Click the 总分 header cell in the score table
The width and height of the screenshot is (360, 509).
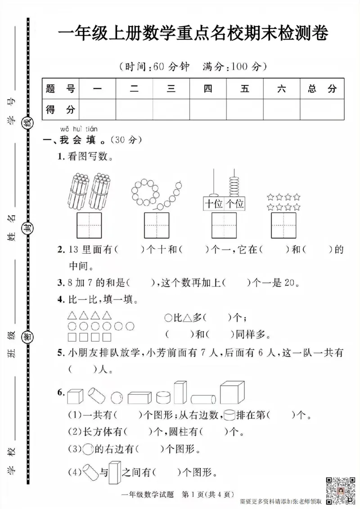(322, 89)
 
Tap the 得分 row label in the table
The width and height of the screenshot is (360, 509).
(60, 108)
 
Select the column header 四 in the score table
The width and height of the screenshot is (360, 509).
(207, 89)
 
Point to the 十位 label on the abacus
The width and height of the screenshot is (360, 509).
(214, 204)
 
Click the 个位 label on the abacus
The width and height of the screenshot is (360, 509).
(234, 204)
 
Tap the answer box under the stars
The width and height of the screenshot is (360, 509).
(283, 225)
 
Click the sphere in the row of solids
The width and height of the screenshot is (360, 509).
(117, 397)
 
